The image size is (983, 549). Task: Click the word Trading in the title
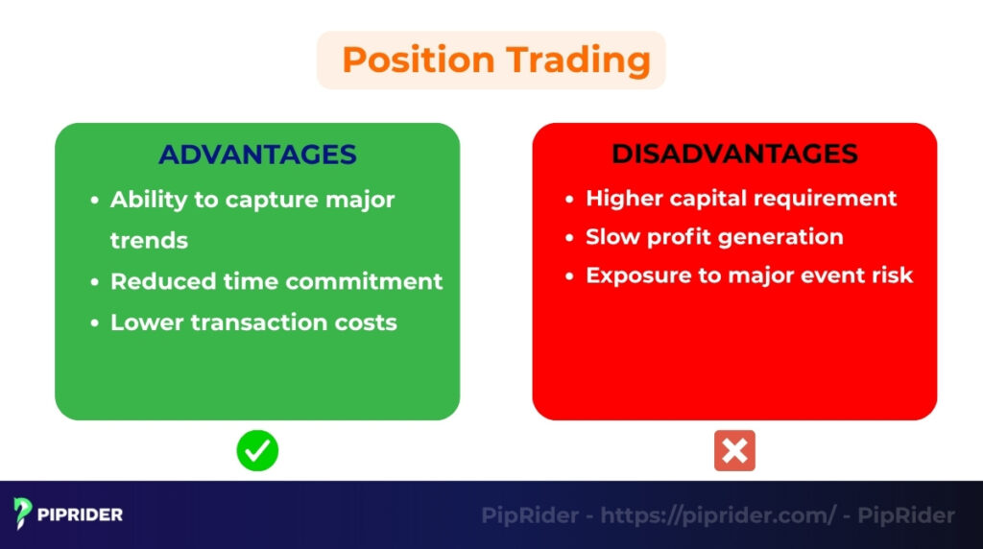(578, 60)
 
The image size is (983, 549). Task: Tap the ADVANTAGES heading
(257, 155)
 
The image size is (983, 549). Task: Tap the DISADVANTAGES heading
(734, 154)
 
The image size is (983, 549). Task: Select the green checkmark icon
(257, 450)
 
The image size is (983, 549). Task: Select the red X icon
(734, 450)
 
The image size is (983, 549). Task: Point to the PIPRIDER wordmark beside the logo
(81, 514)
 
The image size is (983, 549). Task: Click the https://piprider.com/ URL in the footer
(719, 515)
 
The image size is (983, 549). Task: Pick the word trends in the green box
(149, 240)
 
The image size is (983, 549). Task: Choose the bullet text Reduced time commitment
(276, 281)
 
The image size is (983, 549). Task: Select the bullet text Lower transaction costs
(253, 322)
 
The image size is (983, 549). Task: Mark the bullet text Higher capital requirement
(741, 198)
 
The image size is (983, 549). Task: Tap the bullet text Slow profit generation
(714, 237)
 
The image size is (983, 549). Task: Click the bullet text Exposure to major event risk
(749, 275)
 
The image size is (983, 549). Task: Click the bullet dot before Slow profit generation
(569, 238)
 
